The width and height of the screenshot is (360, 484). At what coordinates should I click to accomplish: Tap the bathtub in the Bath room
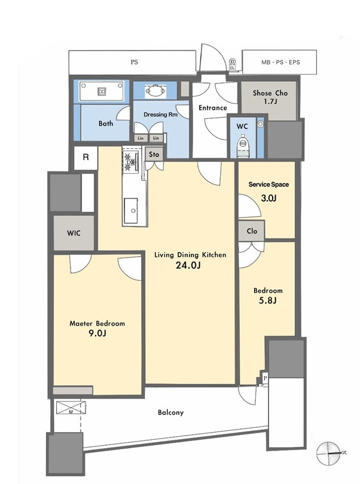[102, 91]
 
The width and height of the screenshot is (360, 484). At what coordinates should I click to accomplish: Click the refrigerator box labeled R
[86, 157]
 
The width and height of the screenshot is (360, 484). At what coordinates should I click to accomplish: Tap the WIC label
[74, 233]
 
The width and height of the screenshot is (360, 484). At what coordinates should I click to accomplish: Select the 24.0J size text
[188, 265]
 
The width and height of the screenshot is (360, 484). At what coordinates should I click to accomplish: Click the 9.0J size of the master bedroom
[97, 333]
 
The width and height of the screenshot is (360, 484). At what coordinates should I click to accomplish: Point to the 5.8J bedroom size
[267, 301]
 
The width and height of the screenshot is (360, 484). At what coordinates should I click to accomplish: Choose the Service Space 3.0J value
[269, 198]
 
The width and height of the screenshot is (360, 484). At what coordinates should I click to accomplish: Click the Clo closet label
[252, 231]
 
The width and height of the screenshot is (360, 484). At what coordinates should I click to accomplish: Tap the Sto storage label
[154, 154]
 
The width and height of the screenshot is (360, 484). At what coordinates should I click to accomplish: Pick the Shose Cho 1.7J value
[270, 101]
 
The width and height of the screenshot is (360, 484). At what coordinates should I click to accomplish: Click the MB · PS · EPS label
[280, 62]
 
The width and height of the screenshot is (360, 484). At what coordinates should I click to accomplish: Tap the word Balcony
[170, 412]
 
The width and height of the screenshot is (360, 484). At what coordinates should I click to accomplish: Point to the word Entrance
[213, 108]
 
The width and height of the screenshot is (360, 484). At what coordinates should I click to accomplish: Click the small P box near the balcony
[265, 378]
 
